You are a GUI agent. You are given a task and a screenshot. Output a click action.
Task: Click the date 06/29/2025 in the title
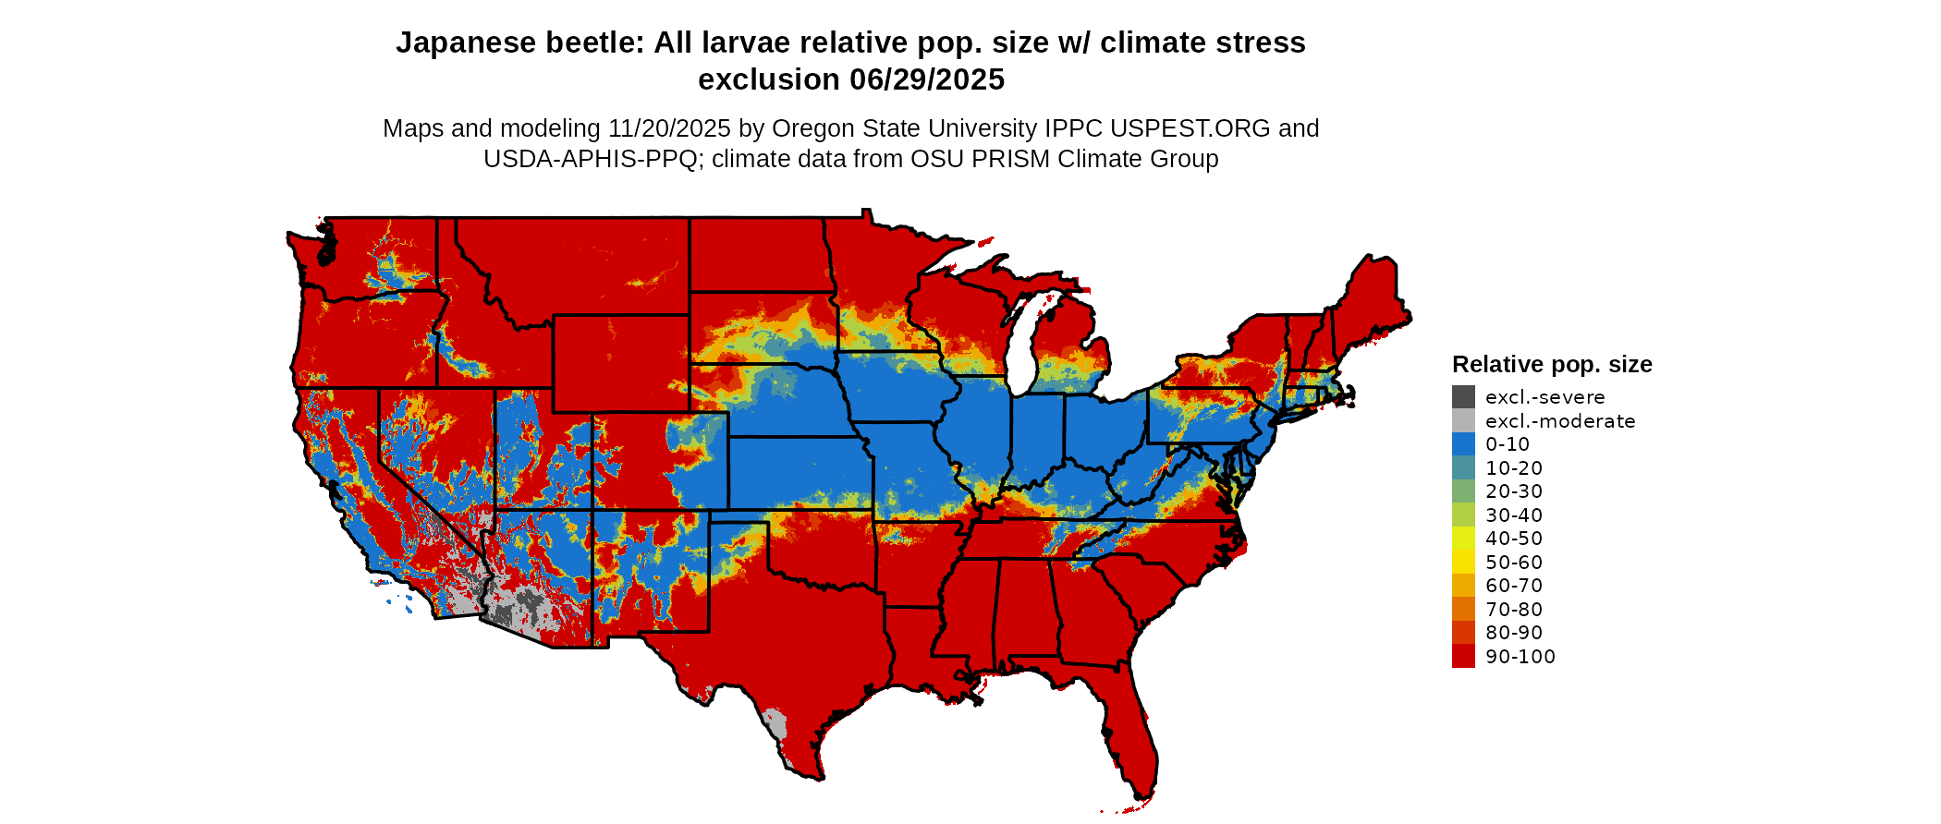pyautogui.click(x=927, y=80)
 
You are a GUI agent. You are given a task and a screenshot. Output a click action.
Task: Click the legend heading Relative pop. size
pyautogui.click(x=1552, y=364)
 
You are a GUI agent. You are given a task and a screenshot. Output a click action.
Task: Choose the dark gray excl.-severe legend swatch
pyautogui.click(x=1463, y=397)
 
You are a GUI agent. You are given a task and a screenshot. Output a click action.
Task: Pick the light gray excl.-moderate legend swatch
pyautogui.click(x=1463, y=421)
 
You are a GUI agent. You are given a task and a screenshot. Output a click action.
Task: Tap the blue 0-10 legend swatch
pyautogui.click(x=1463, y=444)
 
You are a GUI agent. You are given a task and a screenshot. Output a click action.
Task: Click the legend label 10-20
pyautogui.click(x=1514, y=468)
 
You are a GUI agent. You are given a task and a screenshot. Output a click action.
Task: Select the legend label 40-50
pyautogui.click(x=1514, y=539)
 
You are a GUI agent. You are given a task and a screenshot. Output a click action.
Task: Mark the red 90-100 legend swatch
pyautogui.click(x=1463, y=657)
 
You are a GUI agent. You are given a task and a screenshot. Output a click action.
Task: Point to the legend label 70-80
pyautogui.click(x=1514, y=610)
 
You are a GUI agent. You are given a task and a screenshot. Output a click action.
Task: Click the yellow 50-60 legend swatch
pyautogui.click(x=1463, y=563)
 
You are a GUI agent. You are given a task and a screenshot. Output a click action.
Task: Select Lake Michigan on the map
pyautogui.click(x=1019, y=346)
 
